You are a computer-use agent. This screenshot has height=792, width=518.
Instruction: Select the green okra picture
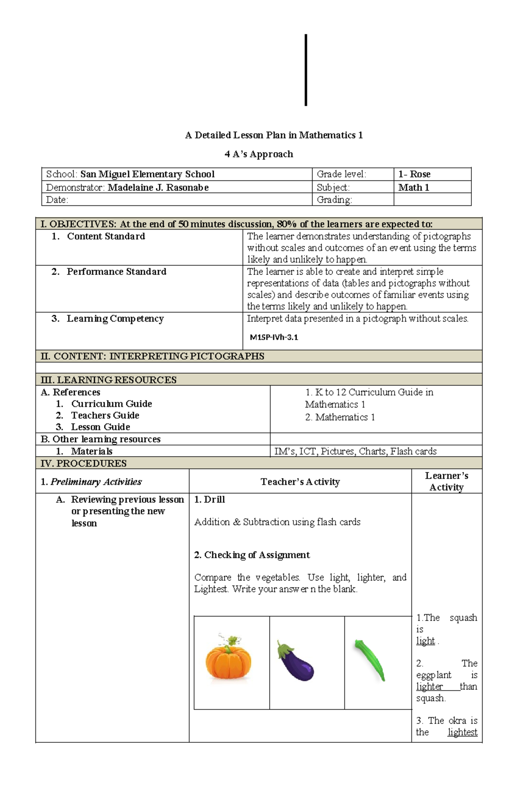click(x=370, y=660)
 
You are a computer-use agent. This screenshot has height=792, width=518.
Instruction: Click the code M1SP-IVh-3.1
click(x=274, y=338)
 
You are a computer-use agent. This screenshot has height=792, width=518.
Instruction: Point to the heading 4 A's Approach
click(x=259, y=154)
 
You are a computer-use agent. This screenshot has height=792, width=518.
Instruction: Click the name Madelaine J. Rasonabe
click(x=158, y=187)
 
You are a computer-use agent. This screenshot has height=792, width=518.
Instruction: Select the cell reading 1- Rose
click(x=414, y=174)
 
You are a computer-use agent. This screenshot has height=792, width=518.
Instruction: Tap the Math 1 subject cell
click(x=414, y=187)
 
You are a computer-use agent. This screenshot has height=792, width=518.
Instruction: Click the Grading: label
click(x=335, y=200)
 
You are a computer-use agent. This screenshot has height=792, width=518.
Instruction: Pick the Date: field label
click(x=57, y=200)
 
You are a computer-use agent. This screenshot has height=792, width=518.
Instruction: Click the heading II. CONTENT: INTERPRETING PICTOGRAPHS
click(x=152, y=357)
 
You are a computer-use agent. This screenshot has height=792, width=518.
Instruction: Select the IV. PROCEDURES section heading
click(x=83, y=464)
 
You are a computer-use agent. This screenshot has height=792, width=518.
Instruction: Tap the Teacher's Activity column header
click(x=300, y=482)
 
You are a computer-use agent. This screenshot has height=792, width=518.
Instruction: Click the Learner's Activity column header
click(x=446, y=481)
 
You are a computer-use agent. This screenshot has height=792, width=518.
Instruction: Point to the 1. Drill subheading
click(x=209, y=499)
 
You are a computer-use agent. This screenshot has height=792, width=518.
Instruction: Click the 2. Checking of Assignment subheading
click(x=252, y=555)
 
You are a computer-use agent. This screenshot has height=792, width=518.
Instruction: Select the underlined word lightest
click(x=462, y=732)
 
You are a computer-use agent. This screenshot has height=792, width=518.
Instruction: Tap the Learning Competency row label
click(x=115, y=319)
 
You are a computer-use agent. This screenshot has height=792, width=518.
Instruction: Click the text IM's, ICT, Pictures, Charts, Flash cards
click(x=355, y=451)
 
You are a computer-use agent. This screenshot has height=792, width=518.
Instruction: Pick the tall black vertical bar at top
click(x=306, y=70)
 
